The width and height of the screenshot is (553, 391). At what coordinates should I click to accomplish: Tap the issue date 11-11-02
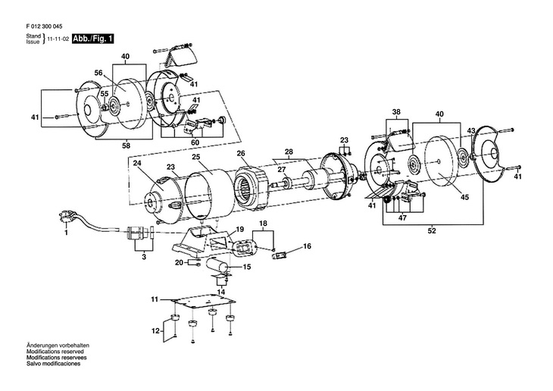(x=57, y=39)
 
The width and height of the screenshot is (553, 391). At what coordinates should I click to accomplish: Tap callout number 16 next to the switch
(x=307, y=246)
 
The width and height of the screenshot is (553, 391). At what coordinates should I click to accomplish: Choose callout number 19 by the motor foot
(x=239, y=230)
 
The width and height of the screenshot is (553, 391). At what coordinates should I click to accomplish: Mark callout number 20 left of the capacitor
(x=179, y=263)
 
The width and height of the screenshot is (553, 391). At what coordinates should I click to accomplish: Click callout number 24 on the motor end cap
(x=137, y=162)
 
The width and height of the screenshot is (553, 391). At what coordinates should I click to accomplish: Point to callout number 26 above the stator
(x=241, y=153)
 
